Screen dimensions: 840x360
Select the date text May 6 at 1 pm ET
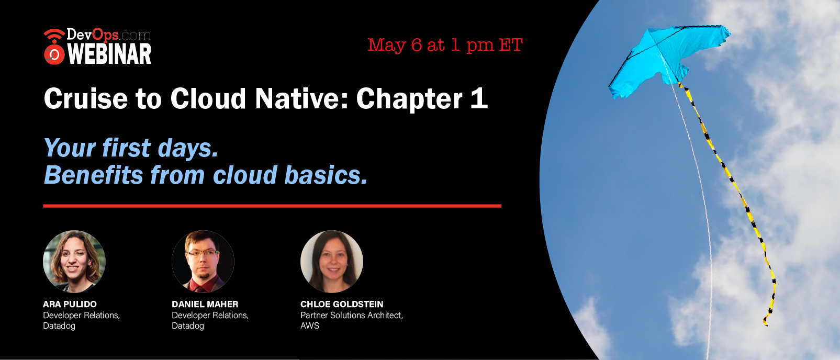(445, 46)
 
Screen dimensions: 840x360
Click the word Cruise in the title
(86, 98)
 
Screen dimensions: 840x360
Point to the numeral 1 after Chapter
(479, 98)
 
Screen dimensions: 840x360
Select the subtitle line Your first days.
(131, 148)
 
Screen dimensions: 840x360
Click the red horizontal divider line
(272, 206)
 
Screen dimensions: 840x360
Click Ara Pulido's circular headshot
(74, 262)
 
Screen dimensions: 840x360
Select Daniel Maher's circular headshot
(203, 262)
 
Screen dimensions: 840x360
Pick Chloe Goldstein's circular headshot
(332, 262)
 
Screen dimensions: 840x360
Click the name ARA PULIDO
(70, 304)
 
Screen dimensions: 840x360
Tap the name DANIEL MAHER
(205, 304)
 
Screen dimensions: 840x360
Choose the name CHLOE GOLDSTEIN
(342, 304)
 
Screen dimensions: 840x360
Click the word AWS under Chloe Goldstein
(310, 325)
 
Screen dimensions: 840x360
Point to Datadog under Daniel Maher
(188, 325)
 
